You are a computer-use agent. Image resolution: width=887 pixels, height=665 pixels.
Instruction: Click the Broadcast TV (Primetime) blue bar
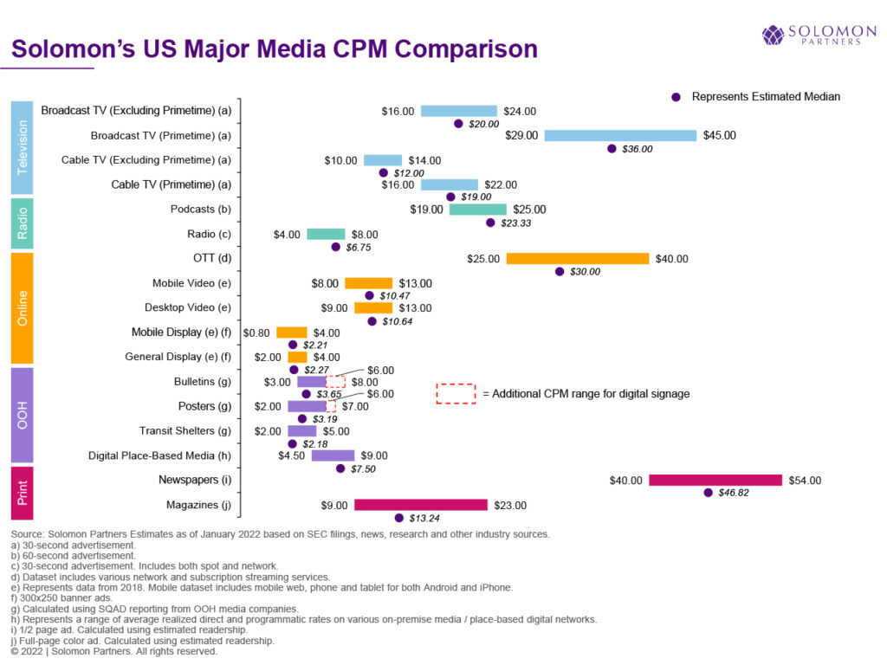[620, 135]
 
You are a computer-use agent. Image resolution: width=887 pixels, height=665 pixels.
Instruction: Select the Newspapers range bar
[715, 481]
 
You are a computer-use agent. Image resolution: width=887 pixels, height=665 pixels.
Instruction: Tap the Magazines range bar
[421, 505]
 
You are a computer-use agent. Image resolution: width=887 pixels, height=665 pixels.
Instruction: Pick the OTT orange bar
[578, 258]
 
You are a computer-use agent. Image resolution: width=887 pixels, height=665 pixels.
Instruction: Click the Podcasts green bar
[478, 209]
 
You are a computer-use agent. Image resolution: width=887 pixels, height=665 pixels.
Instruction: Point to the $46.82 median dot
[709, 493]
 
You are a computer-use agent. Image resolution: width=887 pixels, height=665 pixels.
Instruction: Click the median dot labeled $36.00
[612, 149]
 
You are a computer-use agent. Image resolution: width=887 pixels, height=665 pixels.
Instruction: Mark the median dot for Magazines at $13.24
[399, 518]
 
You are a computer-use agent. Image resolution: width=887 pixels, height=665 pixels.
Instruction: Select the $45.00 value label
[719, 135]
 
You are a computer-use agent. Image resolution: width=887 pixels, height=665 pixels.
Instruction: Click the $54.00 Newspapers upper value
[804, 481]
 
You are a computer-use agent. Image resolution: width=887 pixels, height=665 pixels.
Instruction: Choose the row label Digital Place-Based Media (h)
[159, 455]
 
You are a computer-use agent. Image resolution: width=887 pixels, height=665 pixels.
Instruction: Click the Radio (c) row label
[209, 234]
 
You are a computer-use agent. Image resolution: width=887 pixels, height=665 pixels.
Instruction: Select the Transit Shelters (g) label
[185, 431]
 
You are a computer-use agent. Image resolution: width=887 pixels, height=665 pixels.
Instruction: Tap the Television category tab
[22, 147]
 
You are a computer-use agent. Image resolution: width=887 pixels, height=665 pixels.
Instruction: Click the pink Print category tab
[22, 493]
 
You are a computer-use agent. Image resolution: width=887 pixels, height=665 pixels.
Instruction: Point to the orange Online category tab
[22, 307]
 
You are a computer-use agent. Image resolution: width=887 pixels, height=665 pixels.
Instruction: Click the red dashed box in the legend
[456, 393]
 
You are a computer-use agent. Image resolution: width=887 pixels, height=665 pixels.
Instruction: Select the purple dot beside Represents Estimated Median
[677, 97]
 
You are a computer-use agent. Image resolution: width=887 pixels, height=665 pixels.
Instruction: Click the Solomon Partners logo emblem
[773, 35]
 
